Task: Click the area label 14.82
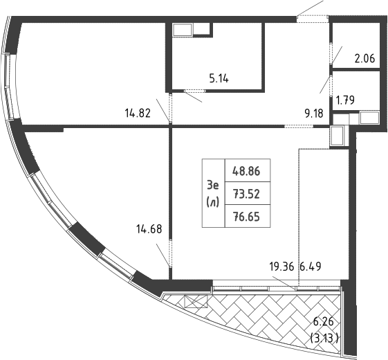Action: click(x=137, y=113)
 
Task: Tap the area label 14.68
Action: click(x=150, y=230)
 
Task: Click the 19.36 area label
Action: click(x=282, y=265)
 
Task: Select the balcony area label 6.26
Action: click(x=324, y=323)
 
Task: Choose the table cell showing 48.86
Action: click(x=248, y=170)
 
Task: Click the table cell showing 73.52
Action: click(x=248, y=193)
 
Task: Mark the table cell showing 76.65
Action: click(x=248, y=216)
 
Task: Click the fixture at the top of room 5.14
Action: click(x=184, y=29)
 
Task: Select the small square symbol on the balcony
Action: click(x=196, y=300)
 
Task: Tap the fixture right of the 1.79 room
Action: click(x=369, y=118)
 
